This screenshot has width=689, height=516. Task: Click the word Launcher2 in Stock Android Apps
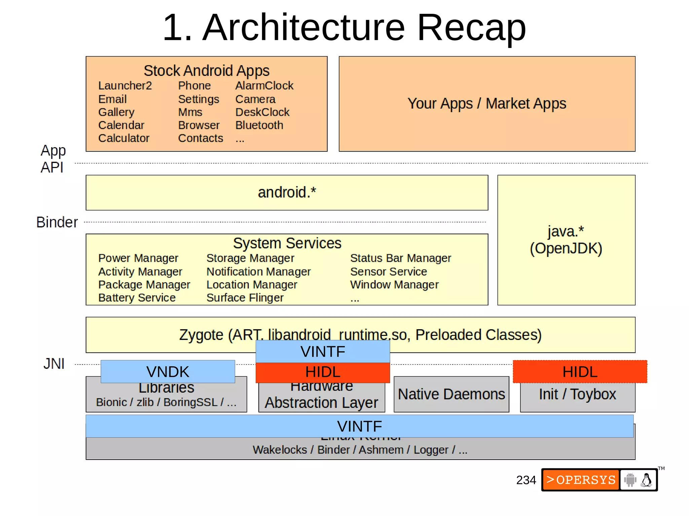pos(125,86)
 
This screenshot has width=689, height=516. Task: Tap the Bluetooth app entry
pos(259,125)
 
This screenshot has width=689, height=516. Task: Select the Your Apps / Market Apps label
pos(486,103)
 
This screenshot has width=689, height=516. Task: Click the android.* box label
pos(287,192)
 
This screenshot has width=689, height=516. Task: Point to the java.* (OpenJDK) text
pos(566,240)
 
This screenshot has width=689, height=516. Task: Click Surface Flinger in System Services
pos(245,298)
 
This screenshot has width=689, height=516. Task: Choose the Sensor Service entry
pos(388,271)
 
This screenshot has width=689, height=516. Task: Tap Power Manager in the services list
pos(138,258)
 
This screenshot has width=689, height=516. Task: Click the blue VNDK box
pos(168,372)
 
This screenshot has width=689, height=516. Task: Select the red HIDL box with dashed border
pos(580,372)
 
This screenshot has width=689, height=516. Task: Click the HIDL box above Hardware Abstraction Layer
pos(323,372)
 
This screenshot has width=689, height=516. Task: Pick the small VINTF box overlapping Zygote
pos(323,352)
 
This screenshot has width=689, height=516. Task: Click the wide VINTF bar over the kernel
pos(359,426)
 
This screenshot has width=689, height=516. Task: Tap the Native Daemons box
pos(451,394)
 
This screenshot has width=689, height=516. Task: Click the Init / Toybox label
pos(577,394)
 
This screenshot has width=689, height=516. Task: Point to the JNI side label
pos(54,364)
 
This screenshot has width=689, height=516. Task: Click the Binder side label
pos(57,222)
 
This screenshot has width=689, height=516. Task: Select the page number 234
pos(526,480)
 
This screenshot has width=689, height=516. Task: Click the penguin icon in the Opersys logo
pos(646,480)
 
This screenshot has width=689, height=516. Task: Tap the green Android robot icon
pos(630,480)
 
